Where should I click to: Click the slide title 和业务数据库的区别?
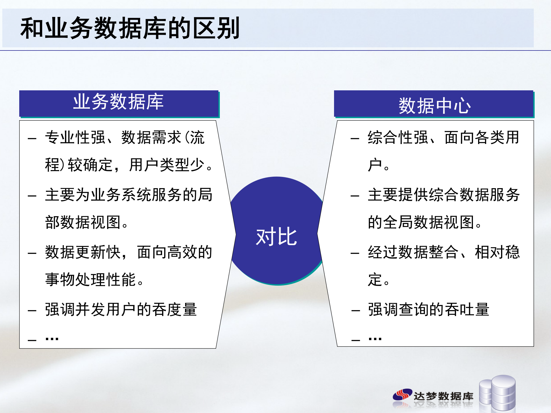coord(130,28)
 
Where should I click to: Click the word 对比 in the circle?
coord(276,237)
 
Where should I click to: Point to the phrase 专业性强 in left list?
coord(75,137)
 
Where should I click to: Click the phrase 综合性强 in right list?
coord(398,137)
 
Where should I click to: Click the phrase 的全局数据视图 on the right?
coord(421,222)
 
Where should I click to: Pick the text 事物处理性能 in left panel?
coord(90,280)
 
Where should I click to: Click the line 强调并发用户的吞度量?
coord(121,310)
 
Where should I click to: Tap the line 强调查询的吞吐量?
coord(428,310)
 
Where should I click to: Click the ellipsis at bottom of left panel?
coord(52,339)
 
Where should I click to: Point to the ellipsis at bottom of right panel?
coord(375,339)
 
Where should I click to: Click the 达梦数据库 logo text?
coord(443,396)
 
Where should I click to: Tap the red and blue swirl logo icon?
coord(402,395)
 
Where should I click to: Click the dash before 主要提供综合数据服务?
coord(355,196)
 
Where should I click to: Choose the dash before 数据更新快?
coord(32,254)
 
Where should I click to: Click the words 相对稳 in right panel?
coord(497,252)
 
